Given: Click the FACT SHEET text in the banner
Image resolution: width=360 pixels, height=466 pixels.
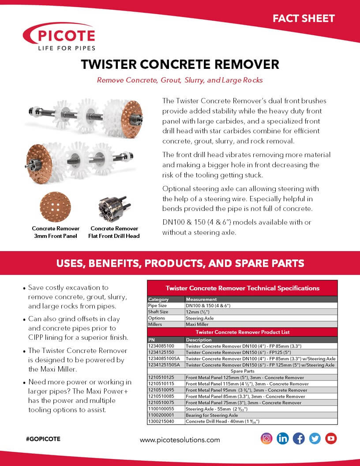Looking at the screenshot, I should click(304, 19).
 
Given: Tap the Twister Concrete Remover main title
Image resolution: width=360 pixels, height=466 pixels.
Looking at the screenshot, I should click(180, 64).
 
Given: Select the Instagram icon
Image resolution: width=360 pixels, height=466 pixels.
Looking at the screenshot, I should click(266, 438).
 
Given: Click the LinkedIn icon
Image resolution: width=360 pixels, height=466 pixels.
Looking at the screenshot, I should click(282, 438).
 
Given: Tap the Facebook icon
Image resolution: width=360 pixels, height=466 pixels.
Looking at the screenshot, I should click(299, 438).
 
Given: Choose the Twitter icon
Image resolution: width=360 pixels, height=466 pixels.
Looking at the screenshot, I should click(315, 438).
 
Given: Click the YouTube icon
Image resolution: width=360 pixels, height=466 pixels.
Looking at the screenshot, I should click(331, 438).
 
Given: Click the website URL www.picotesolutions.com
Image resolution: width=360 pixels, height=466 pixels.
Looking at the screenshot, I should click(180, 440).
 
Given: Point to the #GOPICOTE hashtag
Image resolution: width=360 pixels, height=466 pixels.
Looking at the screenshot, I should click(43, 439).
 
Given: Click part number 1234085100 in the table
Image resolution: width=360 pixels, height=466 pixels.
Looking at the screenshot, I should click(161, 346).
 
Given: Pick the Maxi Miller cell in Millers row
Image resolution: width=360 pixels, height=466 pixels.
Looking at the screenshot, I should click(198, 324).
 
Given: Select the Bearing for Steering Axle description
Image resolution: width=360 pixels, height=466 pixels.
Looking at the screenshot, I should click(212, 415).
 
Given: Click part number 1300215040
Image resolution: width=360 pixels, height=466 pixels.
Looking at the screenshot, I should click(161, 421).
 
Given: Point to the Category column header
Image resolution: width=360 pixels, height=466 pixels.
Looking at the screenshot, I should click(158, 299).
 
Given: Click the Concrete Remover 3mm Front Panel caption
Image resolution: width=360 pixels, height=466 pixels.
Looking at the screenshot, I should click(56, 232).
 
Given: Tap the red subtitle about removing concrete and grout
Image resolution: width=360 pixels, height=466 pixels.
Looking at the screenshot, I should click(180, 80).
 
